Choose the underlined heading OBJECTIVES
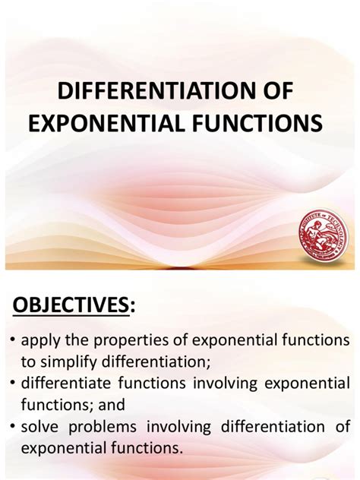[x=68, y=305]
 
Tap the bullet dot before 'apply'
[x=14, y=337]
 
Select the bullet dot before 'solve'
[x=14, y=427]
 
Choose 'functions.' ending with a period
[x=148, y=449]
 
